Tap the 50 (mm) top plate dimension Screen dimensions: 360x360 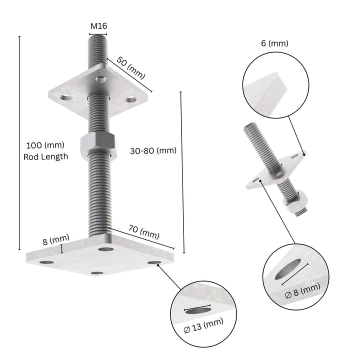(130, 67)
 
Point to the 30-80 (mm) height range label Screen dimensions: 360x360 (153, 150)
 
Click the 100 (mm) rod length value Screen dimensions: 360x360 (45, 145)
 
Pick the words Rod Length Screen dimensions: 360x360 (45, 156)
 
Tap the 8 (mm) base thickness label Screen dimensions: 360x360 (55, 241)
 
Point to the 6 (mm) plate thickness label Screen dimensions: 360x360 (274, 43)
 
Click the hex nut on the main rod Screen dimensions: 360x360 (98, 143)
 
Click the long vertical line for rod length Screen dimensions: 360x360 (19, 142)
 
